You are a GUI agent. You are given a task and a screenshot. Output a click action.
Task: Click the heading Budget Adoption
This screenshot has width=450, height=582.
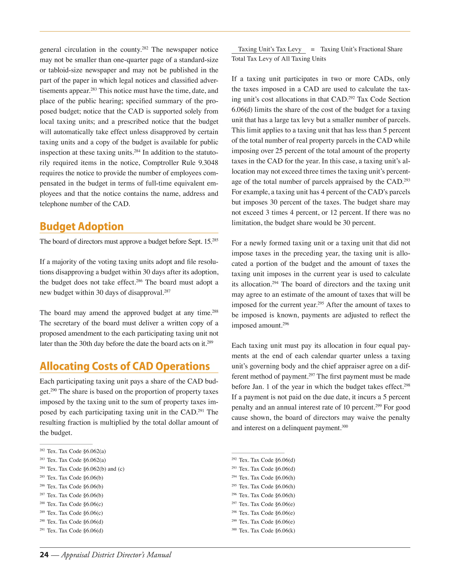point(82,226)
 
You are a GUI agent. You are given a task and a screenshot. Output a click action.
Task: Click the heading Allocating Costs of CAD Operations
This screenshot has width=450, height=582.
point(125,366)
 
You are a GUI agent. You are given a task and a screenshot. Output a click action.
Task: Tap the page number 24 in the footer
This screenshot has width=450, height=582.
point(44,555)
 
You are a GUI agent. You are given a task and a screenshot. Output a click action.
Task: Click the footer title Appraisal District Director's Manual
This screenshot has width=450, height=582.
point(116,555)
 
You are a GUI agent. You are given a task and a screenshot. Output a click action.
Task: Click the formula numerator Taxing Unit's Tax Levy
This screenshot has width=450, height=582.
point(270,49)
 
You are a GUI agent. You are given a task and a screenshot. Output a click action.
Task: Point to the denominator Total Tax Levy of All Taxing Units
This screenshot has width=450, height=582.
point(279,59)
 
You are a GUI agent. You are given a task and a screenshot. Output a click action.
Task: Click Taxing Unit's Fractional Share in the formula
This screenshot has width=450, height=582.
point(361,49)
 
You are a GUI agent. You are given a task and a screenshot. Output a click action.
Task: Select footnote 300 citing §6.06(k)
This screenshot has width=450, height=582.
point(263,531)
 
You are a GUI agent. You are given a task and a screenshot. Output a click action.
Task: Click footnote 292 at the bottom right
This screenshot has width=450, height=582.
point(263,460)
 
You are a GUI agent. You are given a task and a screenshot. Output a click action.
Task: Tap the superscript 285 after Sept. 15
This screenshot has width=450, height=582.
point(215,240)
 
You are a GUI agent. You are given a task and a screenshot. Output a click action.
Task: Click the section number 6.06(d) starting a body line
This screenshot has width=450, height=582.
point(242,110)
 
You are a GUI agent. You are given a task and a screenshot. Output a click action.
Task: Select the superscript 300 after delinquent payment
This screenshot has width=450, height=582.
point(345,426)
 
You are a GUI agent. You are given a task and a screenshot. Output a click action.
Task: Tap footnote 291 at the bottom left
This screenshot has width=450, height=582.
point(71,531)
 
